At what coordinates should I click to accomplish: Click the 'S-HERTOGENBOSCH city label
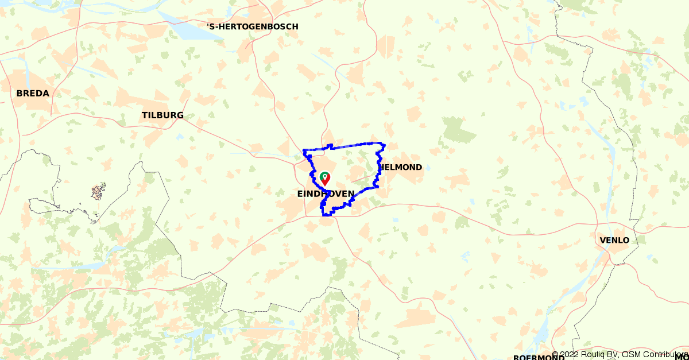pos(253,26)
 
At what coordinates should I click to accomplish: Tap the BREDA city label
pos(33,93)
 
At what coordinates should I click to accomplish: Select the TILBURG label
pos(162,115)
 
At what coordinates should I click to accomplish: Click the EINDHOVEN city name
pos(326,194)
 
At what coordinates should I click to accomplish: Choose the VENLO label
pos(614,240)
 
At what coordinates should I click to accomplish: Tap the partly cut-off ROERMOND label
pos(539,357)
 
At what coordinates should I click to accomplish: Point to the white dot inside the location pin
pos(325,176)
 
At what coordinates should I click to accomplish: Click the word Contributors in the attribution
pos(665,354)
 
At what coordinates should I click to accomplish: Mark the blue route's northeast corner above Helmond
pos(384,144)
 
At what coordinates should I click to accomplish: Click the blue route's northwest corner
pos(304,151)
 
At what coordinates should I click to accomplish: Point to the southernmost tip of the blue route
pos(326,215)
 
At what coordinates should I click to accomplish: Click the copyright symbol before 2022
pos(555,354)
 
